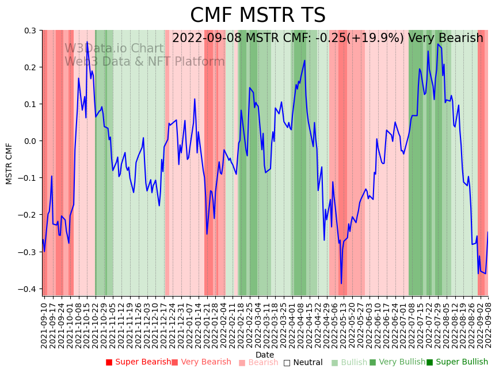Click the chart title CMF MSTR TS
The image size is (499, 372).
coord(257,16)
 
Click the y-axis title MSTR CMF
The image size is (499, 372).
coord(9,164)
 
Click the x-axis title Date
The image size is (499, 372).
coord(265,355)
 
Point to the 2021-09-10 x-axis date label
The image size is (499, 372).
coord(44,325)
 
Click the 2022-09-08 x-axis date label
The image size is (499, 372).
coord(488,325)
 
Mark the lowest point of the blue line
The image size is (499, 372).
coord(341,283)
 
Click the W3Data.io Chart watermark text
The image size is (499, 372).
coord(114,48)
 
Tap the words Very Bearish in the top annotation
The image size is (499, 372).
coord(445,39)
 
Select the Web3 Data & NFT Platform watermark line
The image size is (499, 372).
coord(144,62)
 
